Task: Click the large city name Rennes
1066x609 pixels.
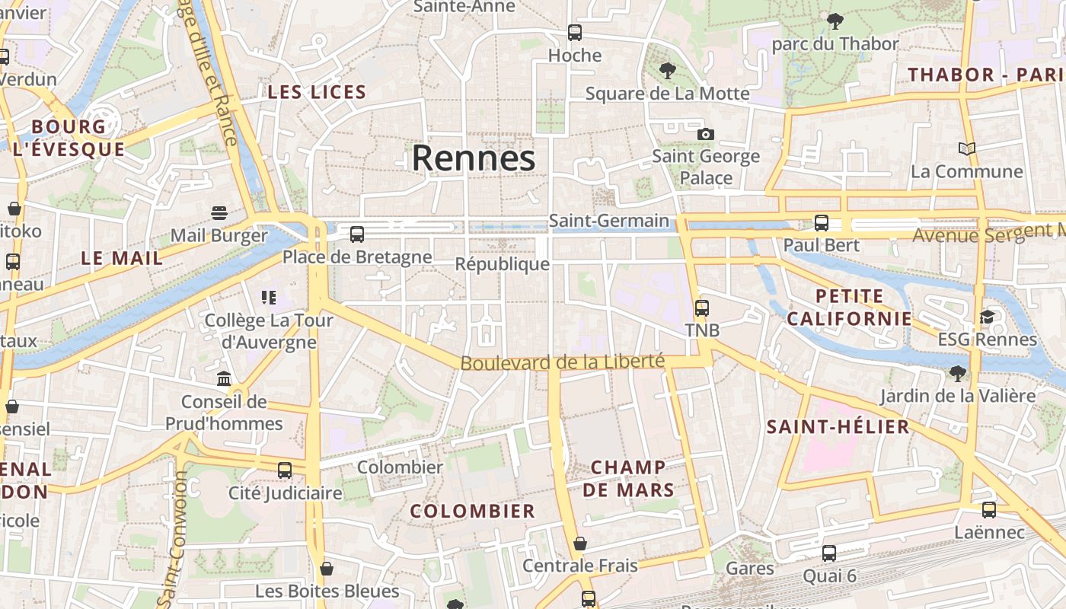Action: (x=474, y=158)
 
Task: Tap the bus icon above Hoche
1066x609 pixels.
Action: (x=575, y=33)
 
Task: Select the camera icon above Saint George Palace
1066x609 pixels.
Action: (x=706, y=135)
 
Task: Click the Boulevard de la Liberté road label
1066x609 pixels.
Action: (x=563, y=362)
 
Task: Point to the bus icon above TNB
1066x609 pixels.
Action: (x=701, y=308)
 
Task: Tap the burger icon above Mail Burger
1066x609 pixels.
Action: (x=219, y=212)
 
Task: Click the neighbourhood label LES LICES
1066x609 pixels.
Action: (x=317, y=92)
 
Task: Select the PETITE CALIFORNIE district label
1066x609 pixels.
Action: (x=849, y=307)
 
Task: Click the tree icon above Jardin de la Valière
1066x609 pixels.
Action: (x=958, y=373)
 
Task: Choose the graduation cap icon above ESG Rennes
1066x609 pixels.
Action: (x=987, y=317)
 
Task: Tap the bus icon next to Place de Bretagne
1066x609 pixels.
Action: (x=357, y=234)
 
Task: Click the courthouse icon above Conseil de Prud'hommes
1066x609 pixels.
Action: (x=224, y=378)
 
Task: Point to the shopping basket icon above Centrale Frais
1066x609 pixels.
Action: (x=580, y=544)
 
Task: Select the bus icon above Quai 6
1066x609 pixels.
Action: (x=829, y=553)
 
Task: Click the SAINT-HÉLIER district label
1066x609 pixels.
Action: (x=838, y=426)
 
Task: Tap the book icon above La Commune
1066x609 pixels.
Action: (x=967, y=148)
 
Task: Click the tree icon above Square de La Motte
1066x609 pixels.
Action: (x=668, y=71)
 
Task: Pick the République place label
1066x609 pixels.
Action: (x=502, y=264)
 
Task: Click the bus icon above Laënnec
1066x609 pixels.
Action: (x=989, y=510)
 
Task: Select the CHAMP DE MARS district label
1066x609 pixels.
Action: (x=628, y=478)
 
